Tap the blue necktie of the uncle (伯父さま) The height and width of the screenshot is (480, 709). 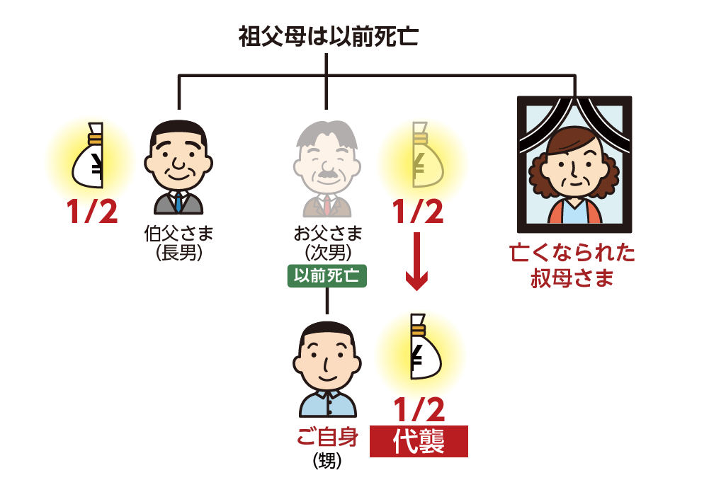pyautogui.click(x=178, y=202)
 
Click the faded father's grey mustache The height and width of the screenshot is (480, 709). pyautogui.click(x=327, y=173)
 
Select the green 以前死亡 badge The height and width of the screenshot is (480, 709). pyautogui.click(x=327, y=276)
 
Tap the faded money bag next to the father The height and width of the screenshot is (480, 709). pyautogui.click(x=422, y=159)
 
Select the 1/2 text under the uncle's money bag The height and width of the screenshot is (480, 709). pyautogui.click(x=92, y=212)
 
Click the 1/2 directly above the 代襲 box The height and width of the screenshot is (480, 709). pyautogui.click(x=419, y=409)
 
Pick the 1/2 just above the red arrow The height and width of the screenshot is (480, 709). pyautogui.click(x=418, y=212)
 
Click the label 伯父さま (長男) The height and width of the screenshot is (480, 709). pyautogui.click(x=178, y=242)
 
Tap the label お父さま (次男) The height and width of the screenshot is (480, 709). pyautogui.click(x=327, y=242)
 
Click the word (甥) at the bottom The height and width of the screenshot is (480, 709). pyautogui.click(x=327, y=462)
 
